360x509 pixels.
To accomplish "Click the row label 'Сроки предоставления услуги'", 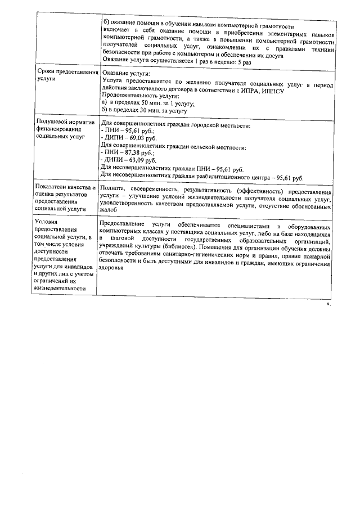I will point(67,76).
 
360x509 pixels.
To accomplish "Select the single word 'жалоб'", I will point(109,210).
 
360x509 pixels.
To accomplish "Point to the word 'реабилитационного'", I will point(224,178).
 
